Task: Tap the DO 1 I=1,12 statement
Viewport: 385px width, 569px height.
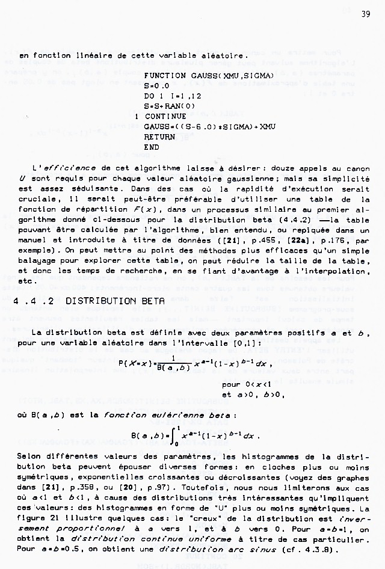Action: point(174,96)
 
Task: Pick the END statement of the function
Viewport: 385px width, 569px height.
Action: point(152,147)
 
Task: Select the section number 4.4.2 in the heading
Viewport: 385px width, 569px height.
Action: point(36,300)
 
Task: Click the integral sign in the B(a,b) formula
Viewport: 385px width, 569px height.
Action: point(174,434)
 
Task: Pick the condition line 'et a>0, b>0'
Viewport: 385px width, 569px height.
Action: point(253,395)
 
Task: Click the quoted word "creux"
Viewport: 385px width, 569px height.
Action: point(205,517)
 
